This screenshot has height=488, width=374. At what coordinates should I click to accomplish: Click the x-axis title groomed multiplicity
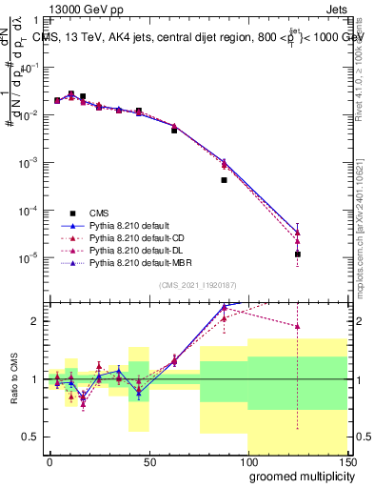pos(298,475)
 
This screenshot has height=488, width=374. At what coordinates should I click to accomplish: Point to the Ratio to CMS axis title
pos(12,394)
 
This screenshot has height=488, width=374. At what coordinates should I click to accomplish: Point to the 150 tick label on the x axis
pos(348,461)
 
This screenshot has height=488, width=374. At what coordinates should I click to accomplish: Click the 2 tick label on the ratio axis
pos(35,321)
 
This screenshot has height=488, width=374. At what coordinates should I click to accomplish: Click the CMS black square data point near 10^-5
pos(298,254)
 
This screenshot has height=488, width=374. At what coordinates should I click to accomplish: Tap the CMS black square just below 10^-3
pos(224,179)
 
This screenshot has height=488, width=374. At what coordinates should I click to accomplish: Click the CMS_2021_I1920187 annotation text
pos(197,284)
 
